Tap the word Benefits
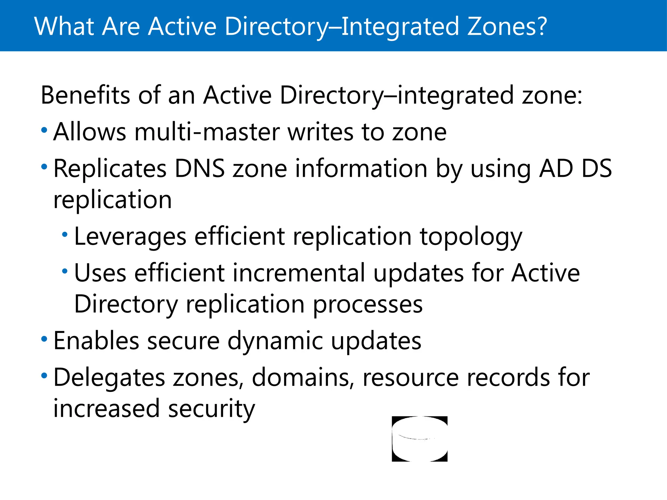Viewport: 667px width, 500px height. pos(85,95)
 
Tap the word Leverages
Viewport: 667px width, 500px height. pos(130,237)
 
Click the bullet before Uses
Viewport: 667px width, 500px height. pos(65,271)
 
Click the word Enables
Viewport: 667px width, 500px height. pos(96,340)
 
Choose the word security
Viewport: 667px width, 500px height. pos(212,409)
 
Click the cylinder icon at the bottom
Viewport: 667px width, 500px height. pos(419,438)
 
